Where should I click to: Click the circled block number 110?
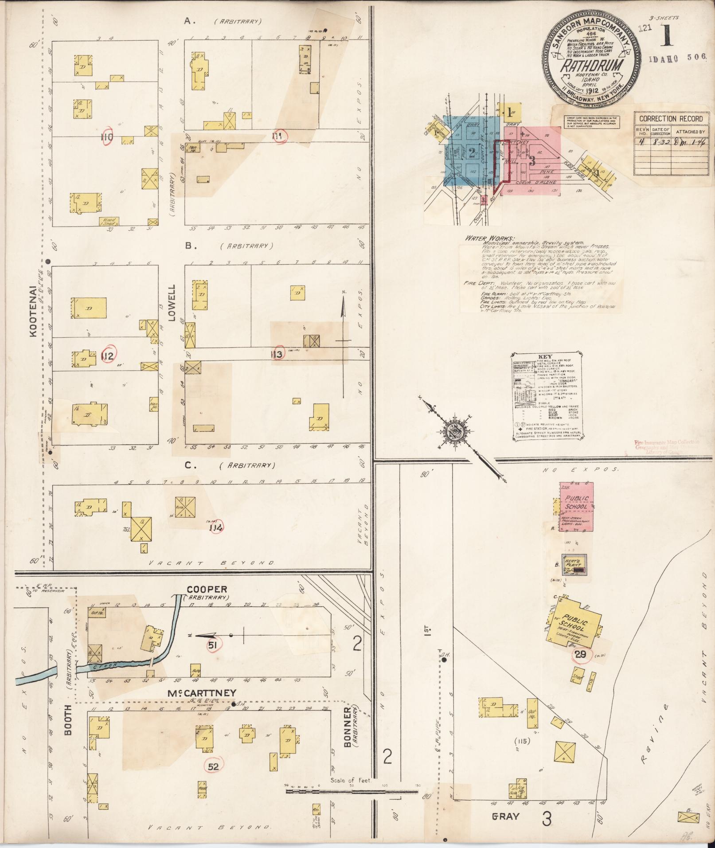click(107, 137)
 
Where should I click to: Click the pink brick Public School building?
click(576, 507)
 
